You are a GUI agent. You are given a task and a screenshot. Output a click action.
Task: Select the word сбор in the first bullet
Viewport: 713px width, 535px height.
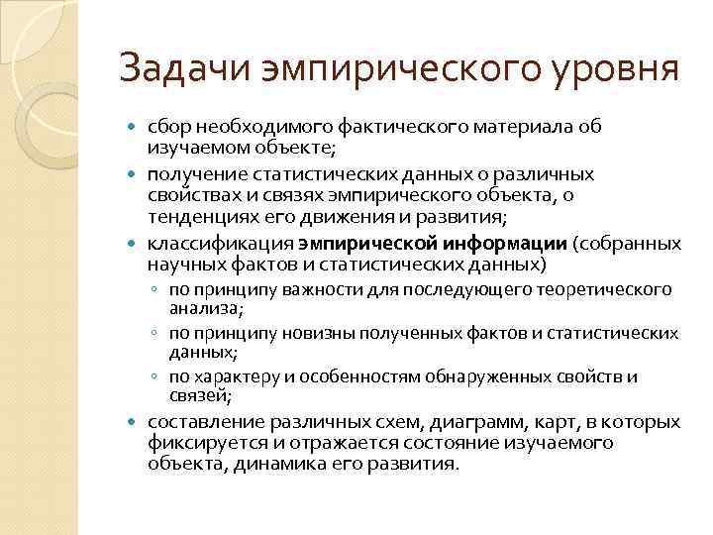pyautogui.click(x=167, y=127)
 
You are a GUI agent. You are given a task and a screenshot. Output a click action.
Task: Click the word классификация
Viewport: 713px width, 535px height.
pyautogui.click(x=219, y=243)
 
